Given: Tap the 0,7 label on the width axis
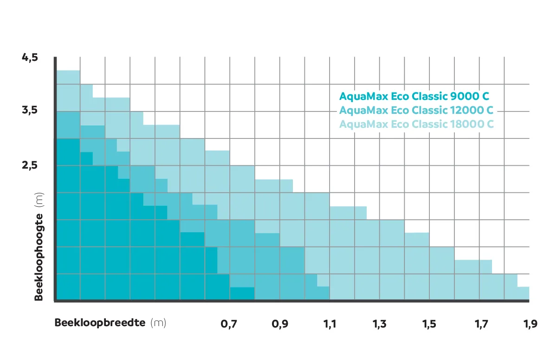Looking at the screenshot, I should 229,324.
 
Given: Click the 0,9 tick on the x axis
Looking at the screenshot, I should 279,324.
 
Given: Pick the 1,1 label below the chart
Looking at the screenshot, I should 330,324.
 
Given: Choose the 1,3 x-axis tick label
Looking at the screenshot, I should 379,324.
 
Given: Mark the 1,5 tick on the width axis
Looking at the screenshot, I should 429,324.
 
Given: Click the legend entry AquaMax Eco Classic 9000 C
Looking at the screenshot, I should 414,97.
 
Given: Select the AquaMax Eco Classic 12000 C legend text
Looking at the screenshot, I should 416,111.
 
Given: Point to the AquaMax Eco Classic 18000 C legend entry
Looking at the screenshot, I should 416,124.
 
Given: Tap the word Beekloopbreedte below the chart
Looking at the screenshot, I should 100,323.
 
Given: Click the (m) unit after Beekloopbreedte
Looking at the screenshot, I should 158,323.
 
